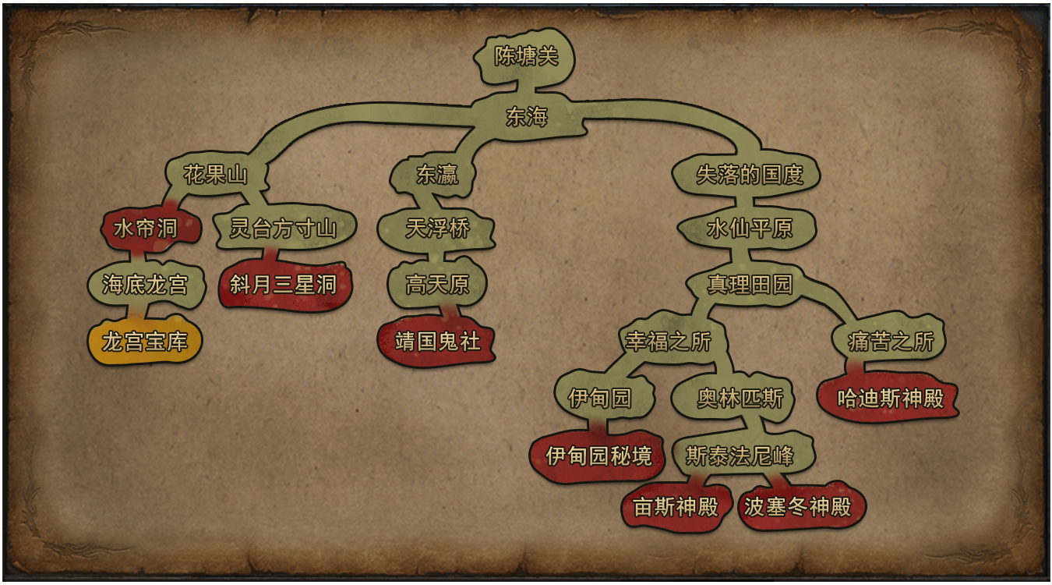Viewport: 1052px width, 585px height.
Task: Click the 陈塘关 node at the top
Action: [x=525, y=57]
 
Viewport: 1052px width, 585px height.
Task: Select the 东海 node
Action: [x=527, y=116]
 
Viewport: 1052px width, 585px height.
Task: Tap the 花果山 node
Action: [x=216, y=175]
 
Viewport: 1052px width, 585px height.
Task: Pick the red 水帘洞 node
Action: [x=146, y=229]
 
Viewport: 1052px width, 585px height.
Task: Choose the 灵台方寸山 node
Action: [x=284, y=229]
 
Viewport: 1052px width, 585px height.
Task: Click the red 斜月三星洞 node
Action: [x=284, y=285]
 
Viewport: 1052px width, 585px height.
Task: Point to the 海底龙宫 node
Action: [x=146, y=285]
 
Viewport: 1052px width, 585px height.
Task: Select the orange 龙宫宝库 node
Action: [x=145, y=342]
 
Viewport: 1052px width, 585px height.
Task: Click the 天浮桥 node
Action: [x=436, y=229]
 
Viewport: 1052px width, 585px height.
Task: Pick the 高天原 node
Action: [x=436, y=285]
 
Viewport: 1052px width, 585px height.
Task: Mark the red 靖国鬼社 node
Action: [x=436, y=342]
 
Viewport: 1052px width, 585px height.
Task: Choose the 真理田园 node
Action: [x=749, y=285]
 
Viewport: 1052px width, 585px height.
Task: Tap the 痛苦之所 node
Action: [x=889, y=342]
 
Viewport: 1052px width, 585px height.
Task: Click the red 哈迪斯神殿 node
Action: [x=889, y=399]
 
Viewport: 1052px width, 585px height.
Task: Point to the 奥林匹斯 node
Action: [x=740, y=399]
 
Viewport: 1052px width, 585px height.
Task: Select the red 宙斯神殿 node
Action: [x=676, y=507]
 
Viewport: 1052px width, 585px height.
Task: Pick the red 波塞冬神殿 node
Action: [x=799, y=507]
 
